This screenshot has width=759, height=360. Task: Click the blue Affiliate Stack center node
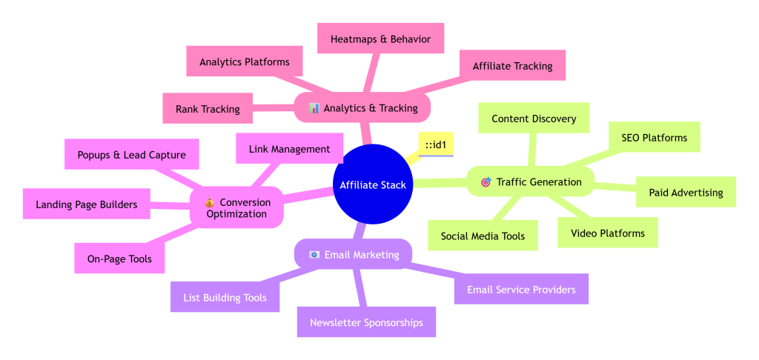372,184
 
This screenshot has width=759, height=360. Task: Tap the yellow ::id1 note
435,143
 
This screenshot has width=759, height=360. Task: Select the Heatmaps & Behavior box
380,39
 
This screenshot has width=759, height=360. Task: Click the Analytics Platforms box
245,62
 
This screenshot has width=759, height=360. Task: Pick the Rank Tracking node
208,109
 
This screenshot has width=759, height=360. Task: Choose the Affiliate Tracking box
512,66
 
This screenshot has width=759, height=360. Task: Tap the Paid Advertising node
686,193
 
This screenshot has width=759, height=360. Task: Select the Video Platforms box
607,233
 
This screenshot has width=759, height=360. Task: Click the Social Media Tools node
483,236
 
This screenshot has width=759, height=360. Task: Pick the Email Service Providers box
521,290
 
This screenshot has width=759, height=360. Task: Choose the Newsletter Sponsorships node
366,322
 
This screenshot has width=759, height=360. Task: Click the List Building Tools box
225,298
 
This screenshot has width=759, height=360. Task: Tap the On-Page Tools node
119,259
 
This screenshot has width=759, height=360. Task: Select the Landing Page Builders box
86,204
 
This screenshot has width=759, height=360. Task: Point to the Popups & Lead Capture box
131,155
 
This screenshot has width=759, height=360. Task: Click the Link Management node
289,149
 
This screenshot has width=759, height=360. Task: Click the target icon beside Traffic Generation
485,182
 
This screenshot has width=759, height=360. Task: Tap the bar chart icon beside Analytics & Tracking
314,108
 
